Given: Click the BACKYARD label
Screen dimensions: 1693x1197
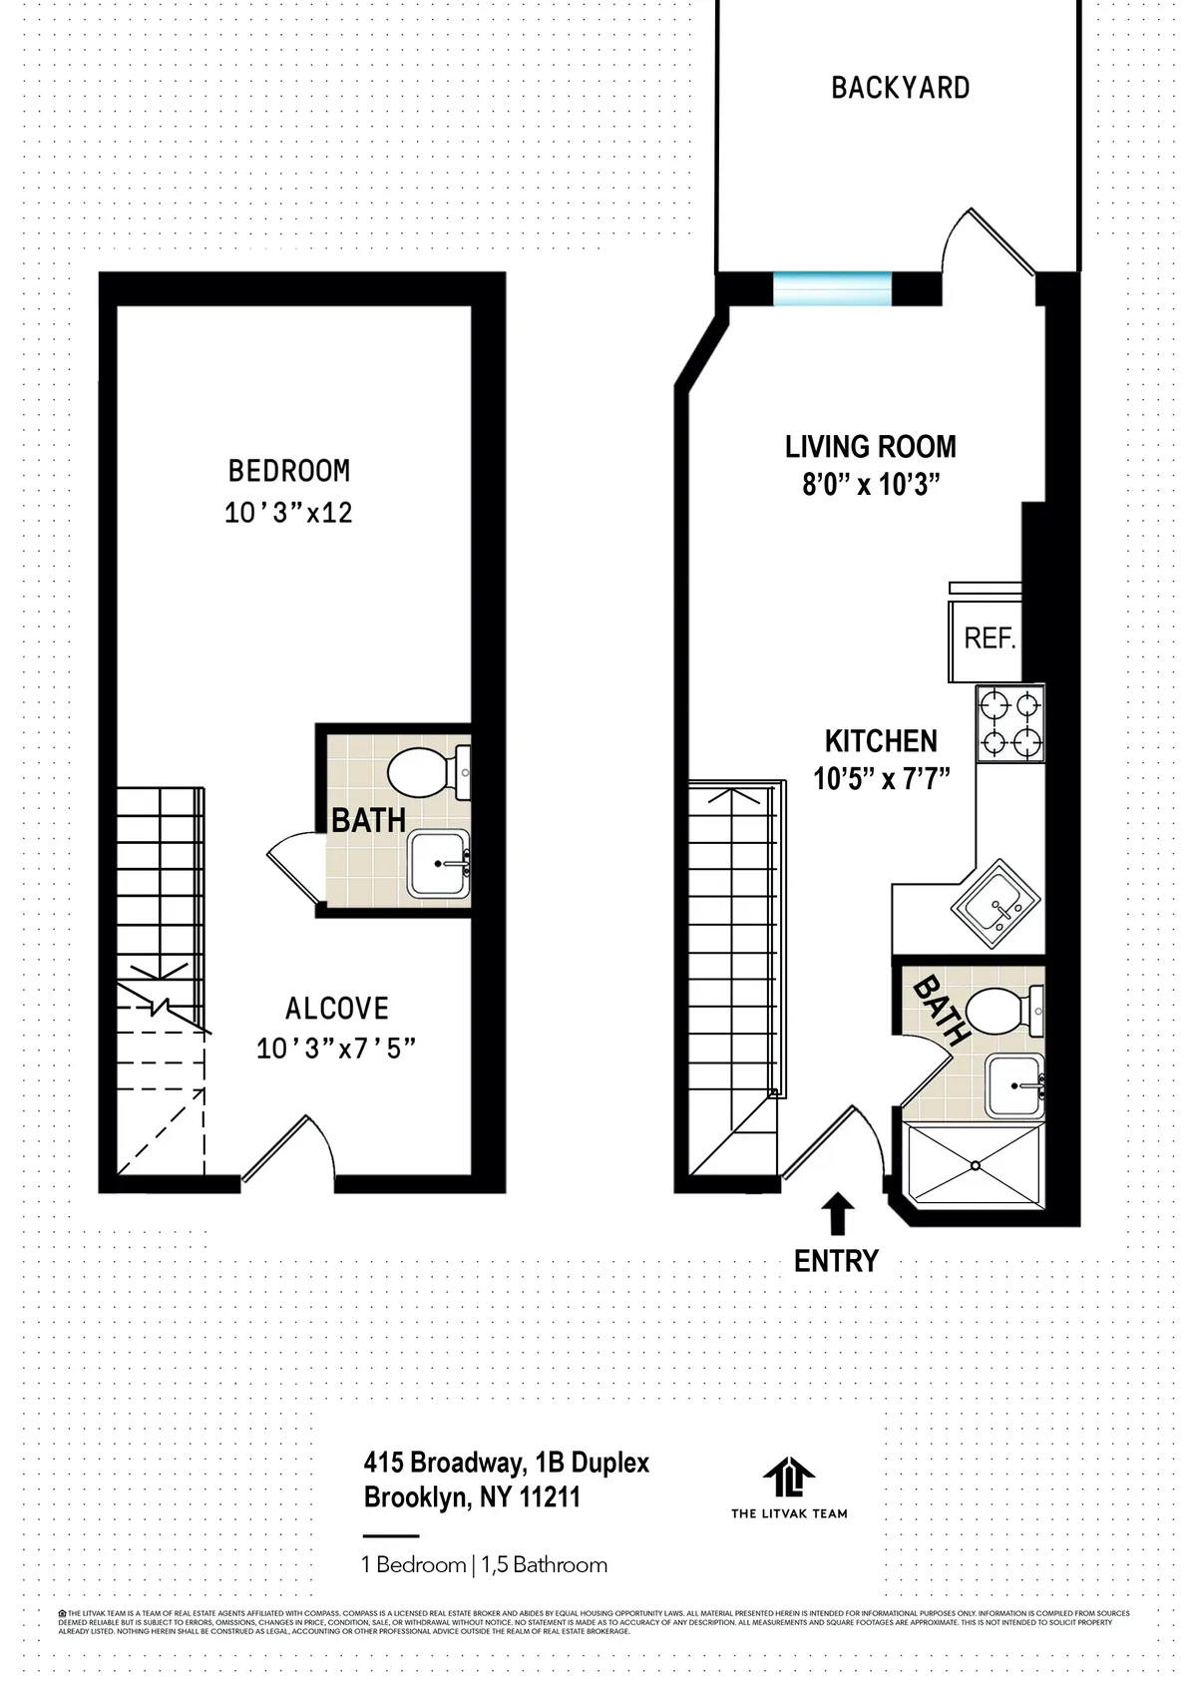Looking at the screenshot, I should click(900, 88).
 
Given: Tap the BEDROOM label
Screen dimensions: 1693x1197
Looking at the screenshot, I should click(288, 470).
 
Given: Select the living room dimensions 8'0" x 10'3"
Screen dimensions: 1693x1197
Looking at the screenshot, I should click(872, 485).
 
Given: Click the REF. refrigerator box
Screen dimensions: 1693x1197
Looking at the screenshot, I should click(988, 638).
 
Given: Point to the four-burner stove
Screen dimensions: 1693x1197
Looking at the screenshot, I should click(1009, 724).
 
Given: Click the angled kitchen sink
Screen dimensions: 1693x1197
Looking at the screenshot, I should click(997, 907).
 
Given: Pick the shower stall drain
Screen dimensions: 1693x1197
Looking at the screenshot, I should click(975, 1164).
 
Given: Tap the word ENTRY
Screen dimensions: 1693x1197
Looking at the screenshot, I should click(836, 1261).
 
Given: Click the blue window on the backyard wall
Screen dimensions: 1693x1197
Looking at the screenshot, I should click(832, 288).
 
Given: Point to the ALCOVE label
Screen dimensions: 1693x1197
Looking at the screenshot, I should click(336, 1009).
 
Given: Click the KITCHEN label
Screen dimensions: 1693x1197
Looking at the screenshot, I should click(881, 741).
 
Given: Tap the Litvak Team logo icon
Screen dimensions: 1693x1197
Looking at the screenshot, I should click(788, 1479).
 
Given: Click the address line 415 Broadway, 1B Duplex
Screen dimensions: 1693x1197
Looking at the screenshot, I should click(506, 1464).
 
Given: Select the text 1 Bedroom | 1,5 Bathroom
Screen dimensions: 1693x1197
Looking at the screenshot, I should click(485, 1564).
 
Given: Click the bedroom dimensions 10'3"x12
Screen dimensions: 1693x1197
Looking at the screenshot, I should click(288, 513).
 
